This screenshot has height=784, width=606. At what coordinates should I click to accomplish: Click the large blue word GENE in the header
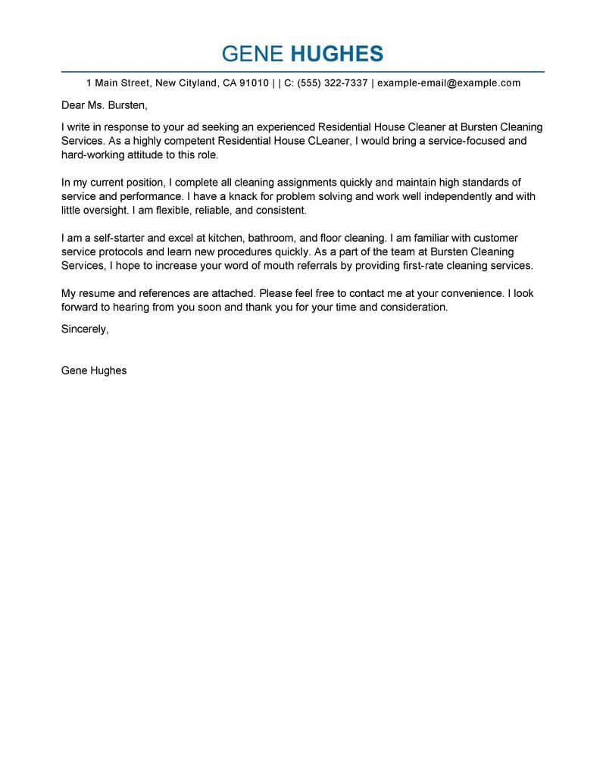point(253,54)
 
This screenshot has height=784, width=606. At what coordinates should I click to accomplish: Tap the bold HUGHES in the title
point(337,54)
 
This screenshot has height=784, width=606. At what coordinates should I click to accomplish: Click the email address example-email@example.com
point(449,83)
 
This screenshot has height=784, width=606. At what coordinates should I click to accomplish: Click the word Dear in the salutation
point(73,105)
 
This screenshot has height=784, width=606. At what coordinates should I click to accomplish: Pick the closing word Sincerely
point(85,330)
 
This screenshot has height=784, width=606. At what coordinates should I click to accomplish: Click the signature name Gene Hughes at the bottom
point(94,371)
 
